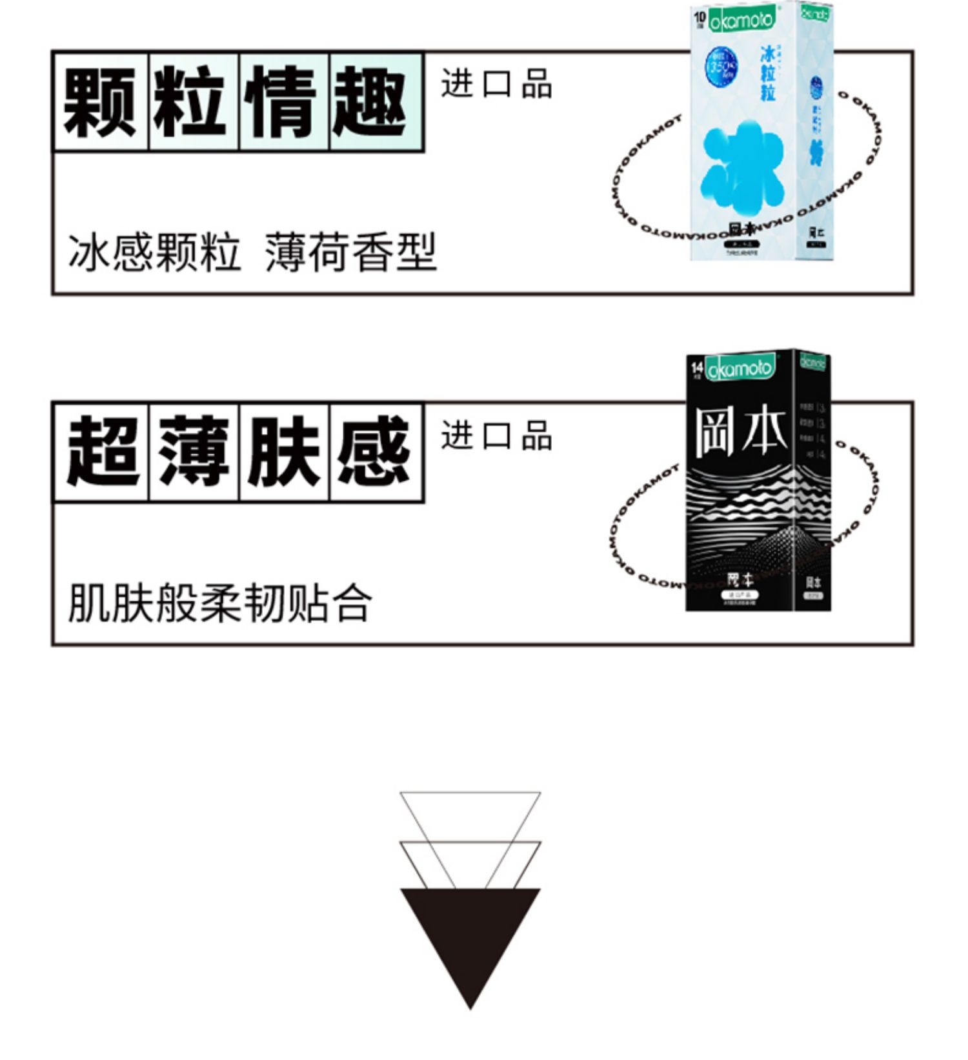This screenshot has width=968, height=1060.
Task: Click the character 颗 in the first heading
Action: pos(100,103)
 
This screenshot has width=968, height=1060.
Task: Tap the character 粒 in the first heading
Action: pos(192,103)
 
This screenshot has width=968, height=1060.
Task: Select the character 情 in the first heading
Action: pos(282,103)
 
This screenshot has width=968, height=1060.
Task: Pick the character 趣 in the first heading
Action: pos(372,103)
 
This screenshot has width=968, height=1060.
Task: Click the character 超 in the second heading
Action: pos(101,452)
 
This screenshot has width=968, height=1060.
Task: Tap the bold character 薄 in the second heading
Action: pos(193,452)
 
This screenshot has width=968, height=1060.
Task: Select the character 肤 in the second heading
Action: pos(283,452)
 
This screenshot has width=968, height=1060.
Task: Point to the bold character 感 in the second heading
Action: pos(374,452)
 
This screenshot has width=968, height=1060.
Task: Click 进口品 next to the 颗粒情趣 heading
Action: pos(496,85)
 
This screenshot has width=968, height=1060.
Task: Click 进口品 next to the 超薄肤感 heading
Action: pos(496,435)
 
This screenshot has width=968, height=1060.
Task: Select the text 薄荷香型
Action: pos(350,252)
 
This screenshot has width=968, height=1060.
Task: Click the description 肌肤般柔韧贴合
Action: pos(219,603)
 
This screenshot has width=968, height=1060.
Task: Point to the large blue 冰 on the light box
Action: pos(742,168)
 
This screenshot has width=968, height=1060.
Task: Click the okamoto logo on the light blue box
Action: pos(741,20)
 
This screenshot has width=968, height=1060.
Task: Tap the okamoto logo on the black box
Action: pos(740,369)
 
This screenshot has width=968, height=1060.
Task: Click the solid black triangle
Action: pos(470,935)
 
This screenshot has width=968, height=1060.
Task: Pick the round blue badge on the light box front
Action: pos(720,68)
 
